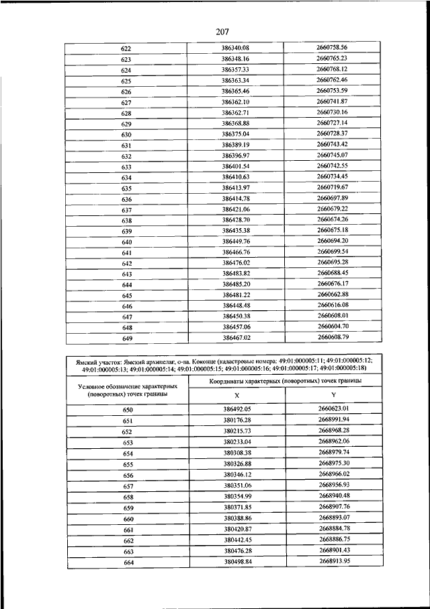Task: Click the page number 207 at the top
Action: pos(223,31)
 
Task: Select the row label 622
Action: pos(126,49)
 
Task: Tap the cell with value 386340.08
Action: pos(235,48)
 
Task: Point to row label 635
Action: pos(126,188)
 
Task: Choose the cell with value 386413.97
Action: pos(235,188)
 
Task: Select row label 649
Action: pos(126,338)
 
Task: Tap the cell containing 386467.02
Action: pos(235,338)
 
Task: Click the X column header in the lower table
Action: pos(236,396)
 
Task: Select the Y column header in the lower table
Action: pos(333,396)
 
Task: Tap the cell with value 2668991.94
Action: pos(334,420)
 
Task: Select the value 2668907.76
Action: pos(334,507)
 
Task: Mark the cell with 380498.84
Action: pos(236,561)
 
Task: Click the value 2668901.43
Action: pos(334,550)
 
